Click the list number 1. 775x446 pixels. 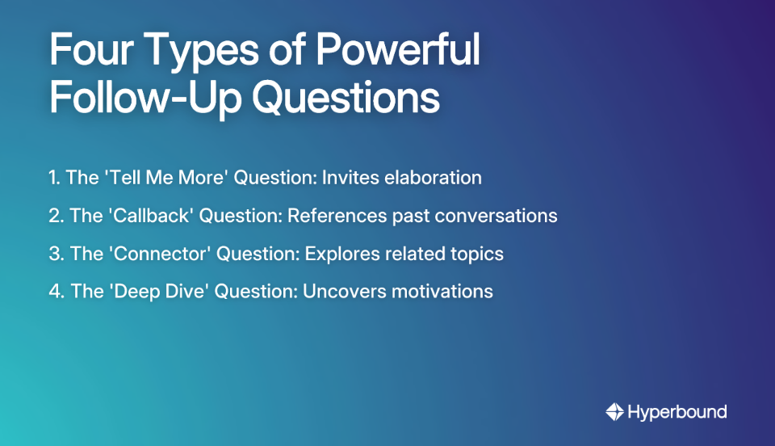pos(53,178)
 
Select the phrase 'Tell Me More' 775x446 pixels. pos(165,178)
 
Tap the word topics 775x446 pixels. pos(476,254)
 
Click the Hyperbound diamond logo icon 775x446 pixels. pos(615,412)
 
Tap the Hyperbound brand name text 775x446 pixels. pos(678,412)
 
